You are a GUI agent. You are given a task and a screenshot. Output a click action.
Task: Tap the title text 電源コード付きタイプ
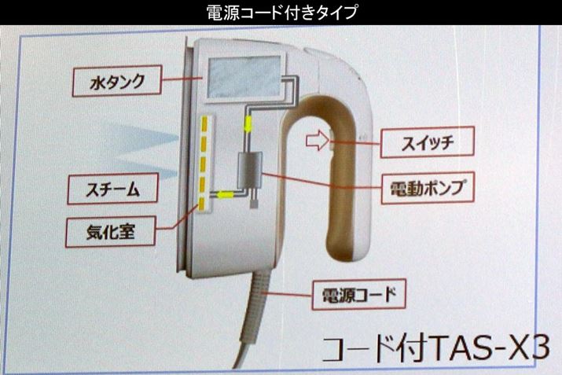281,12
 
